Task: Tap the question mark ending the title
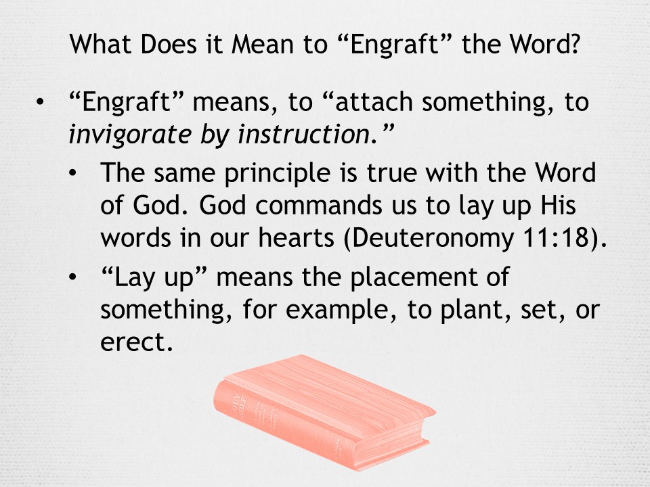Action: tap(573, 44)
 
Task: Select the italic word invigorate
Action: tap(130, 135)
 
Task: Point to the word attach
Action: tap(374, 102)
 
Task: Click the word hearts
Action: tap(296, 238)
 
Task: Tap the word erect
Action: tap(136, 343)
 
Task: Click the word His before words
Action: tap(559, 205)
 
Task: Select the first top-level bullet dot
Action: tap(40, 102)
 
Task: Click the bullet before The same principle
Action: tap(72, 172)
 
